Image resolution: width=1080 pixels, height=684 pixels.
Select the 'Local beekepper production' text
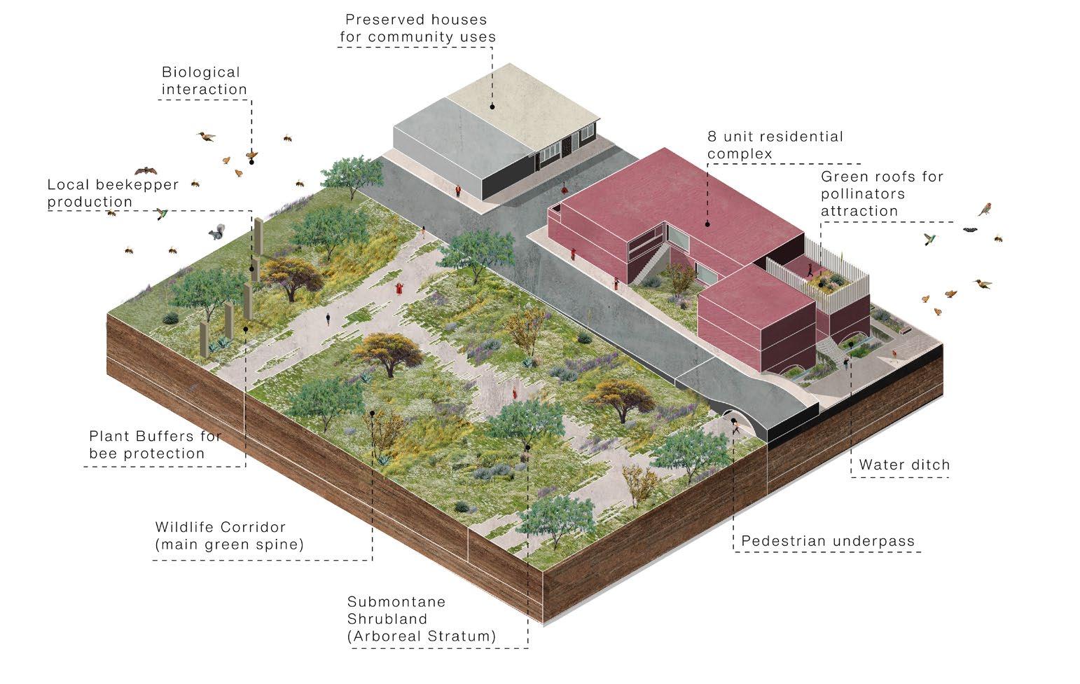click(x=113, y=193)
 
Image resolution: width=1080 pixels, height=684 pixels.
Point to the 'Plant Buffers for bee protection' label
click(x=155, y=444)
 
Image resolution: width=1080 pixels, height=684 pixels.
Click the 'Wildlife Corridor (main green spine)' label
click(x=230, y=535)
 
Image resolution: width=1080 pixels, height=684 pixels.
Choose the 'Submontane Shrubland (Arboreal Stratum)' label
click(x=421, y=619)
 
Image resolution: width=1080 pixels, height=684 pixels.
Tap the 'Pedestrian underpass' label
click(x=827, y=541)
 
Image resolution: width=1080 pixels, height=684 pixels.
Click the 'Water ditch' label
click(x=904, y=465)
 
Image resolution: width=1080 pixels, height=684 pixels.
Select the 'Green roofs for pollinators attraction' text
click(x=882, y=193)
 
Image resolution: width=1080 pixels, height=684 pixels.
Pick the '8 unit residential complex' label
click(x=775, y=144)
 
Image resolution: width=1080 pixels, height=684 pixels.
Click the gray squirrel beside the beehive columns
click(x=215, y=233)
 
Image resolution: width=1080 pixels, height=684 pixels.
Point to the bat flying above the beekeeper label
click(x=146, y=170)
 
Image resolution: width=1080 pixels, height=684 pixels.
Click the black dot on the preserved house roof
click(x=492, y=107)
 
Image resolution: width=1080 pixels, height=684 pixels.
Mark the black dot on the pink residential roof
click(x=707, y=224)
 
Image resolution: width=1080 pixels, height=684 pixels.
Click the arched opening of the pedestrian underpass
click(x=735, y=424)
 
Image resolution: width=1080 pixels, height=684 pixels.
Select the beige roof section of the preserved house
click(x=518, y=98)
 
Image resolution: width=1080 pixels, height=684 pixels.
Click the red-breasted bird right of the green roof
click(x=985, y=208)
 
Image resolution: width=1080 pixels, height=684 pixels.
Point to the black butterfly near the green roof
click(x=970, y=229)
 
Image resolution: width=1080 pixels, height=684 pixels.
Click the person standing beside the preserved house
click(x=459, y=191)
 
